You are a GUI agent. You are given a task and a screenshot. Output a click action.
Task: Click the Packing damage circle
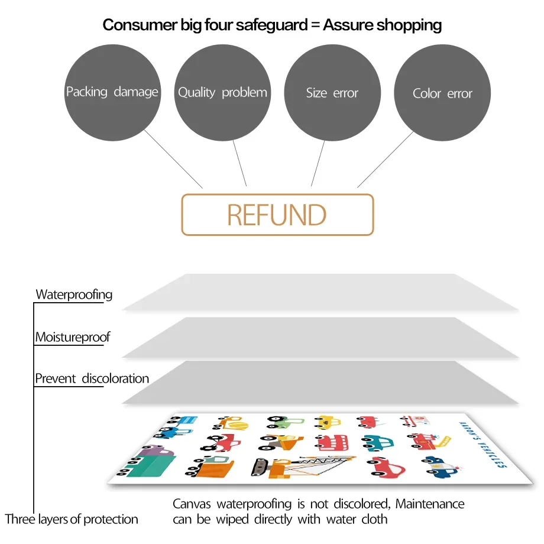point(112,93)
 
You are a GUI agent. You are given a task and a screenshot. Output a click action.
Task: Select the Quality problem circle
point(222,93)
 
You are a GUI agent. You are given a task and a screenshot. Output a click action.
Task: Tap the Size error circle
point(332,93)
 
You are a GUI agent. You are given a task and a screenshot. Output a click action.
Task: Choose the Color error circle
point(442,93)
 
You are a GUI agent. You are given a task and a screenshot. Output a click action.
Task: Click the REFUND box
point(277,215)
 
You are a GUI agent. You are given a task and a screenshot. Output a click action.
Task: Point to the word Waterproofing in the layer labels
point(74,294)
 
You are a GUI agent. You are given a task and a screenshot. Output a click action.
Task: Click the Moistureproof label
point(73,338)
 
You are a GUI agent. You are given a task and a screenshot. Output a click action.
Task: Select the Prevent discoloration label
point(92,378)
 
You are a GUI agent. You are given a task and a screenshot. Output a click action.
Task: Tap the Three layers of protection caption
point(72,520)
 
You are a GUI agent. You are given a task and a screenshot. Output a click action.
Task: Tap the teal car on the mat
point(376,442)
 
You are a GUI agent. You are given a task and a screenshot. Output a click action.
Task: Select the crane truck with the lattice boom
point(296,467)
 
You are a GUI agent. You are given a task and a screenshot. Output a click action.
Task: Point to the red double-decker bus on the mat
point(332,442)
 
